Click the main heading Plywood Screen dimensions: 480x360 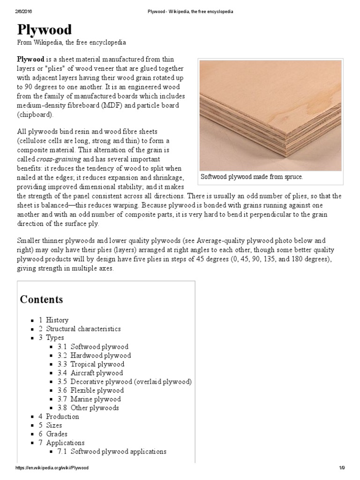45,30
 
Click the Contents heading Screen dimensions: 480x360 41,300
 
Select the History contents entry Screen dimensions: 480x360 57,320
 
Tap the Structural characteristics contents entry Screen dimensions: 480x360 83,329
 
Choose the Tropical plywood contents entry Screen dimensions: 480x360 97,364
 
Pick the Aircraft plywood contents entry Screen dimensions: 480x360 96,373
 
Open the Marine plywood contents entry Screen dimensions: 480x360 95,399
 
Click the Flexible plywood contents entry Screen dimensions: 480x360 97,390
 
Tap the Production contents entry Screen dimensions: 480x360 62,417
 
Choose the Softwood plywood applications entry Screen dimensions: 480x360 118,452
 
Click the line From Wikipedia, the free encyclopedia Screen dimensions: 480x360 72,43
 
